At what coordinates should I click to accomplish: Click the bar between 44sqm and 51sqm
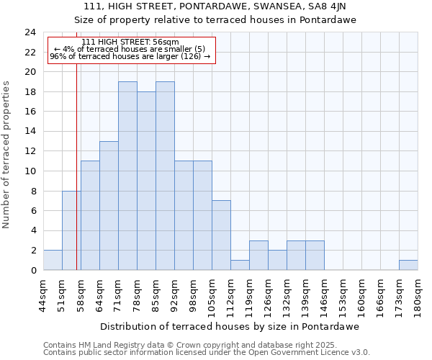53,261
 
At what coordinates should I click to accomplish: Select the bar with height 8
71,230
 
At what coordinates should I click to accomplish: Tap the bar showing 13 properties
109,206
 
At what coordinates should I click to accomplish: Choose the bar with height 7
221,235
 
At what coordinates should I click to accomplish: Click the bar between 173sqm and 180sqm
408,265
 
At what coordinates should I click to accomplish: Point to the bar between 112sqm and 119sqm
240,265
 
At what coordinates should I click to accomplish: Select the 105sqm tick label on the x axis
212,297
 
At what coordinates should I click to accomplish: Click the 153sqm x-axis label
343,297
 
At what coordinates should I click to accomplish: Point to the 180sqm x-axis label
418,297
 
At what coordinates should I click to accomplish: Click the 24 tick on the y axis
30,32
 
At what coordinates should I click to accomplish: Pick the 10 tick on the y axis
30,171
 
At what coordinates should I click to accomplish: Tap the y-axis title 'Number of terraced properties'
7,154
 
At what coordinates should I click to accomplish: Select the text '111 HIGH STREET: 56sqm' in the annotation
130,42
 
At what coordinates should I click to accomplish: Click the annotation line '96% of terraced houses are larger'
130,56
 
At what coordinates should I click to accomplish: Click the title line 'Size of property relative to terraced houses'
216,20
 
